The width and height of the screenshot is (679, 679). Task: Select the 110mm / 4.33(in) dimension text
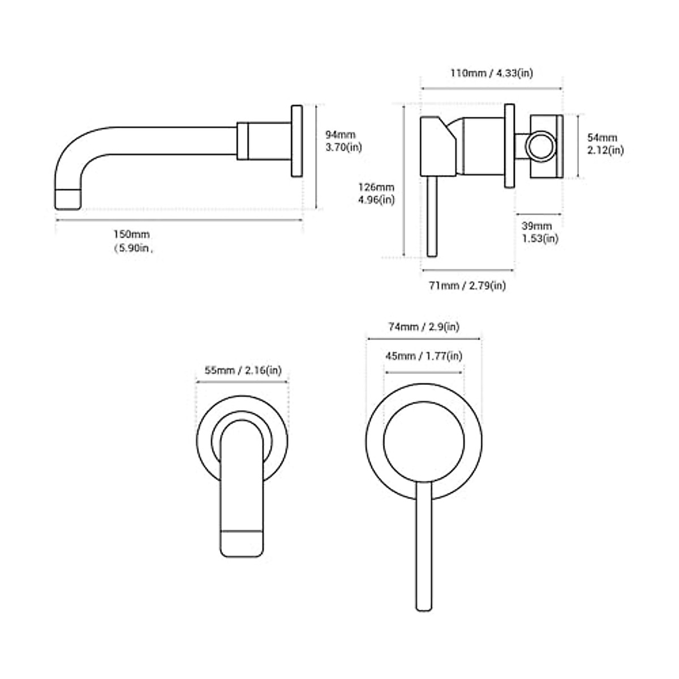click(491, 73)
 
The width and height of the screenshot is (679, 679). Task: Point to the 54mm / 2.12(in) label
click(605, 144)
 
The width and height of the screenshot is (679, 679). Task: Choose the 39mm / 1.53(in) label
click(539, 232)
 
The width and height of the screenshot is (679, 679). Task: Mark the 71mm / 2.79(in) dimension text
click(467, 286)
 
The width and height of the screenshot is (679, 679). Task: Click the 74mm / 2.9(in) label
click(423, 327)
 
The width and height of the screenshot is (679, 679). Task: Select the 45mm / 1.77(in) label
click(423, 356)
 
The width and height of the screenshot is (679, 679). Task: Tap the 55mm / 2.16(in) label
click(242, 371)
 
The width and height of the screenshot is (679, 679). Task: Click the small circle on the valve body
click(540, 146)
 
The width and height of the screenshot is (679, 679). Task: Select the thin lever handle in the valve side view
click(433, 218)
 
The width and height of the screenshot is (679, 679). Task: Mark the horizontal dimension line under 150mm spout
click(179, 220)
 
